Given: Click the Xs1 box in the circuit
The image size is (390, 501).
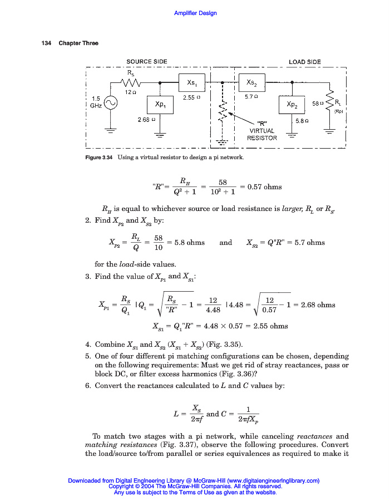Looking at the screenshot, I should [x=192, y=82].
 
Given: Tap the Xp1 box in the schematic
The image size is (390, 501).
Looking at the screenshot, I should [x=160, y=105].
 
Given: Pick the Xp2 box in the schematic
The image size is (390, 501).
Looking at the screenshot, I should [x=292, y=105].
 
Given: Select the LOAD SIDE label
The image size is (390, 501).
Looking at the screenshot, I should [x=304, y=62].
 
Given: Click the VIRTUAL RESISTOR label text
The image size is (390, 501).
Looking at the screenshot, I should [x=262, y=135].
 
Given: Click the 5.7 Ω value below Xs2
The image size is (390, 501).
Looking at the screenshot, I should [x=251, y=96].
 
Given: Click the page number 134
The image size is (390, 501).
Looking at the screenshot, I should [x=46, y=43].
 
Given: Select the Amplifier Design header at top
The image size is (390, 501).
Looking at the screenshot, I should [x=195, y=13].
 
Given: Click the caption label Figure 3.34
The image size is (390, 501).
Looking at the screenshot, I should [x=100, y=158].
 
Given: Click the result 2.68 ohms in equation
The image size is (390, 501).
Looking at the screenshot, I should [x=318, y=305].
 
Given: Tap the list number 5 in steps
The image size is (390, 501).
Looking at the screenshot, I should [x=88, y=356].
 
